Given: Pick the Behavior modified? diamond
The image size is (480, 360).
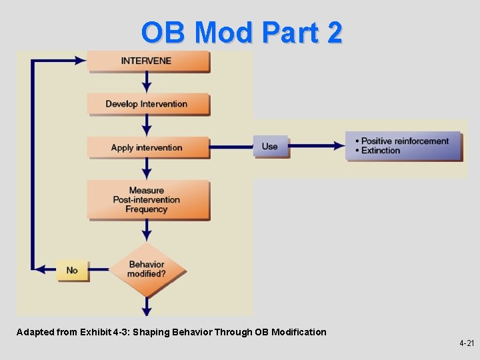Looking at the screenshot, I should (147, 269).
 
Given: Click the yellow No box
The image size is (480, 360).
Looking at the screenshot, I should (72, 270).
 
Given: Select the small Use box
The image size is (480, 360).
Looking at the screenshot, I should (270, 147).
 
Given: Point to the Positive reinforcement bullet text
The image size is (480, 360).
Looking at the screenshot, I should (405, 141).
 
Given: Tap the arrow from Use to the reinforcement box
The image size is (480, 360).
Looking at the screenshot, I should (317, 146).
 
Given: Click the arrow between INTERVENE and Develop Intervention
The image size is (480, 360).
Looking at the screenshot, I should (147, 83).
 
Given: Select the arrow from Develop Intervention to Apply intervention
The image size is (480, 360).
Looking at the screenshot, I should (147, 125).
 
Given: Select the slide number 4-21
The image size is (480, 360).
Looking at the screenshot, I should (466, 343).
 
